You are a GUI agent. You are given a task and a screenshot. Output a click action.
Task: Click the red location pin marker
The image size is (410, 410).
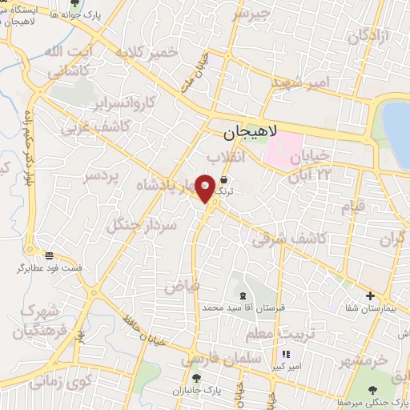pos(206,187)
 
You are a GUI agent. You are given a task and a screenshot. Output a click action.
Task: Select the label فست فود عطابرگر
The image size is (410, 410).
pos(50,267)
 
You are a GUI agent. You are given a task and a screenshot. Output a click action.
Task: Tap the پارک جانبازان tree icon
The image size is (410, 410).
pos(195,377)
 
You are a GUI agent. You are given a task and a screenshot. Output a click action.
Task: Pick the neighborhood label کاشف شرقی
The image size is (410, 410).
pos(288,239)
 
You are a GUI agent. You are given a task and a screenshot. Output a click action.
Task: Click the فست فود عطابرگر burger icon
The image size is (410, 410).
pos(50,255)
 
